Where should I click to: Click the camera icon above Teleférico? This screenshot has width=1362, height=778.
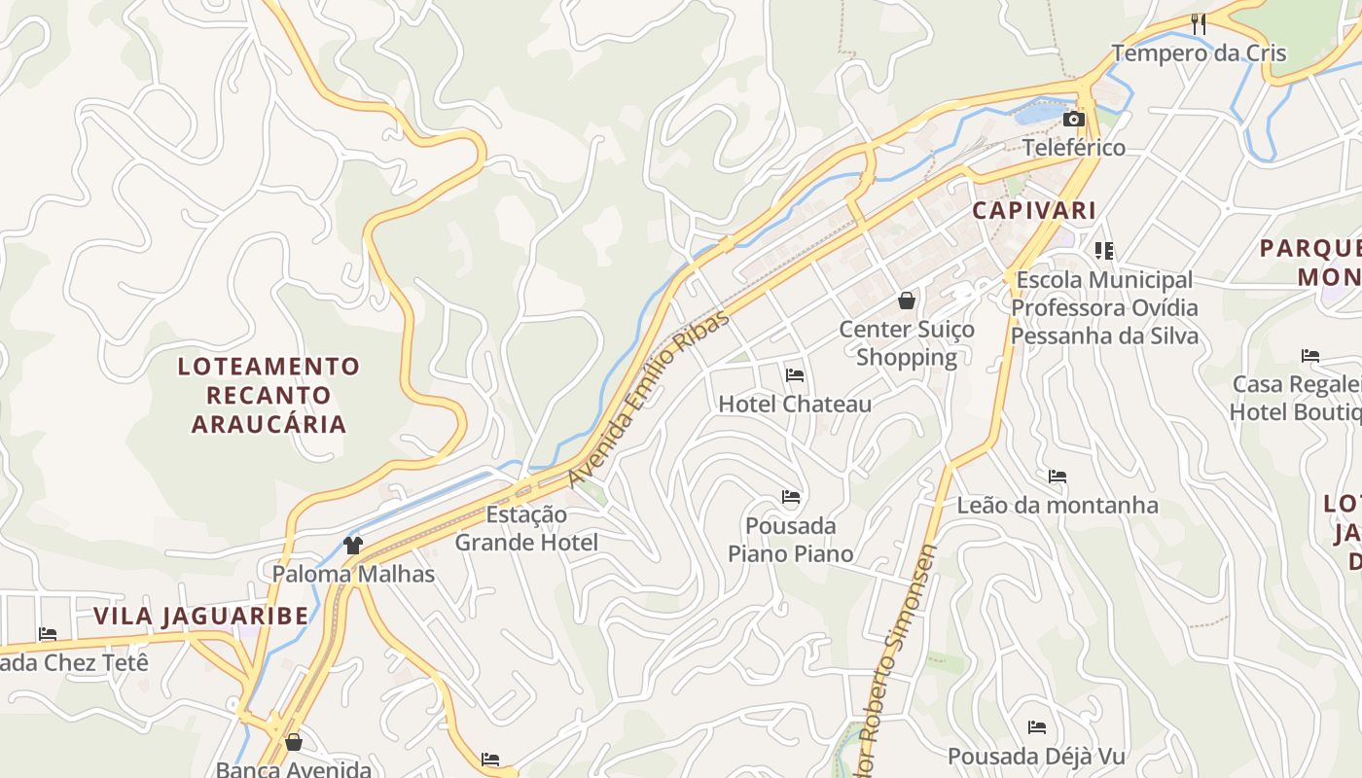point(1073,120)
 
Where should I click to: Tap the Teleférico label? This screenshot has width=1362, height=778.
point(1073,148)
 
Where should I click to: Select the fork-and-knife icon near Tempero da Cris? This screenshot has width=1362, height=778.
point(1199,24)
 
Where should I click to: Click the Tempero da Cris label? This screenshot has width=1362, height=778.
point(1199,53)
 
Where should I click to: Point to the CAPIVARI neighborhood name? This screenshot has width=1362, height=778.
point(1034,210)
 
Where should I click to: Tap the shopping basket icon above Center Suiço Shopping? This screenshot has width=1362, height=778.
point(907,301)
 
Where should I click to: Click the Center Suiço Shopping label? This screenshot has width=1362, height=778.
point(907,343)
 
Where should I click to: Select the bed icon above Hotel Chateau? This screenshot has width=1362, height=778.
point(795,375)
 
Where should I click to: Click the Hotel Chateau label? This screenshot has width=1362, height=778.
point(795,404)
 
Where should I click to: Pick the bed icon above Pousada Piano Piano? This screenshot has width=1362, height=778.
point(791,498)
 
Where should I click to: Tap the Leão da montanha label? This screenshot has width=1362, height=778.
point(1057,505)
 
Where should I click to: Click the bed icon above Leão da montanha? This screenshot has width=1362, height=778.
point(1057,477)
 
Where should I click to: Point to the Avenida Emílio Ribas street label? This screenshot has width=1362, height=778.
point(648,399)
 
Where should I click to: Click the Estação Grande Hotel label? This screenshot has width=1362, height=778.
point(526,528)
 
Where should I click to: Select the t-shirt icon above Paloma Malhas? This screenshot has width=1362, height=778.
point(353,546)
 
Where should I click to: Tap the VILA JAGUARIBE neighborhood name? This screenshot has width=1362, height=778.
point(201,616)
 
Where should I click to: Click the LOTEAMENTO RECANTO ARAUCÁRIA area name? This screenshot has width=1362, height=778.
point(269,395)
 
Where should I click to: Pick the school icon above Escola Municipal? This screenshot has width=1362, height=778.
point(1104,251)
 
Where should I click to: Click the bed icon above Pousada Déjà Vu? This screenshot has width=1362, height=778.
point(1037,727)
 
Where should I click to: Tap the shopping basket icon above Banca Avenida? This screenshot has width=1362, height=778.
point(294,743)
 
